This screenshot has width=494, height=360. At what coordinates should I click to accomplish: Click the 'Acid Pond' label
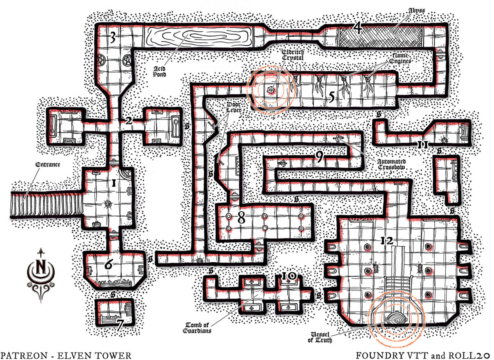[159, 72]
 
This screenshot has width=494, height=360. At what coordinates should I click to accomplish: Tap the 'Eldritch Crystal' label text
[293, 55]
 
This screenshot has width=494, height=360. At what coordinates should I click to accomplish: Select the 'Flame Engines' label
[400, 58]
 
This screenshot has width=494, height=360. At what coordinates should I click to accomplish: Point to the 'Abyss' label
[417, 11]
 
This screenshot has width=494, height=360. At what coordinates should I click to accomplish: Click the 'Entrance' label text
[48, 165]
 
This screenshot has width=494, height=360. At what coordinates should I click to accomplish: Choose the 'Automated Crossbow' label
[391, 164]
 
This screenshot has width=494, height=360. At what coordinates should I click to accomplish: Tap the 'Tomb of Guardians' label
[197, 328]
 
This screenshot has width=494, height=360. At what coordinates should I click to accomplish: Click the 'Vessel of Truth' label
[320, 337]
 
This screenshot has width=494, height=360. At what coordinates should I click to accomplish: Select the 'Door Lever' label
[234, 107]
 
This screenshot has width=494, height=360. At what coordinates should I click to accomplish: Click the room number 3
[113, 37]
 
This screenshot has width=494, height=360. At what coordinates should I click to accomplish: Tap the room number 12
[387, 241]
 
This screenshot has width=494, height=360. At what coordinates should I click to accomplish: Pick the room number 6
[109, 264]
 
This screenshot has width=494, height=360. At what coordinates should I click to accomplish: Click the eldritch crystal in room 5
[270, 90]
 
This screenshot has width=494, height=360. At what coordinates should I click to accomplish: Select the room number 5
[332, 97]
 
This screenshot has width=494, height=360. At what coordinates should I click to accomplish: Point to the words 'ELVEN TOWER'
[94, 355]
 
